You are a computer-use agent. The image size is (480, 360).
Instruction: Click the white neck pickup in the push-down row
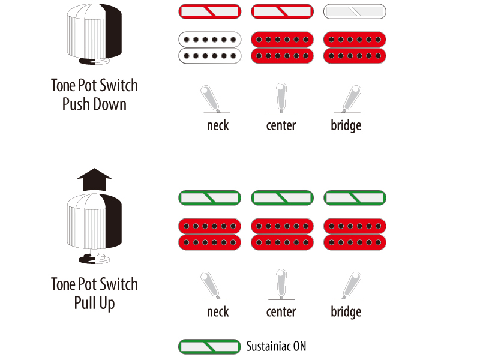pos(210,47)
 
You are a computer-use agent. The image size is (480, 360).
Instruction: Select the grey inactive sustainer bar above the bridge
pos(355,11)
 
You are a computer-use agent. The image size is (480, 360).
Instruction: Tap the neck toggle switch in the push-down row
pos(212,99)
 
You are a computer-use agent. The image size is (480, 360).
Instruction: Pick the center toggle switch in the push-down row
pos(281,98)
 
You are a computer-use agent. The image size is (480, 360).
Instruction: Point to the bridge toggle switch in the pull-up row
pos(351,286)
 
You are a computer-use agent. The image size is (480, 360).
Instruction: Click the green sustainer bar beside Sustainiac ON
pos(210,346)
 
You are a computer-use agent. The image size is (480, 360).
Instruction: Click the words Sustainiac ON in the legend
pos(276,346)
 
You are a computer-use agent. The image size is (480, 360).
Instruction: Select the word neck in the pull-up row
pos(218,312)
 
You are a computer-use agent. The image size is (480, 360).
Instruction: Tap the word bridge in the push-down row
pos(346,125)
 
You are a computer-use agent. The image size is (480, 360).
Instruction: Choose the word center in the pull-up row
pos(281,312)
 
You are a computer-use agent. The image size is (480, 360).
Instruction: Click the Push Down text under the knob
pos(94,104)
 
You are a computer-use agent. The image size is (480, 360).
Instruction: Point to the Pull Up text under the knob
pos(94,303)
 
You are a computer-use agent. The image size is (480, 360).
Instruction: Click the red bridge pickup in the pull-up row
pos(355,234)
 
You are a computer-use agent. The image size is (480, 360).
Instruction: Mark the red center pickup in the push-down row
pos(282,47)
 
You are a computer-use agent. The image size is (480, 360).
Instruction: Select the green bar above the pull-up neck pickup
pos(210,197)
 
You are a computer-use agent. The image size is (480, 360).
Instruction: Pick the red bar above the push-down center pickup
pos(282,11)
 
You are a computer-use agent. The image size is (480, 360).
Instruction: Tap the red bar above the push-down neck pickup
pos(210,11)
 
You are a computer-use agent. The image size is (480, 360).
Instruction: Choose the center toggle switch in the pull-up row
pos(281,284)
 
